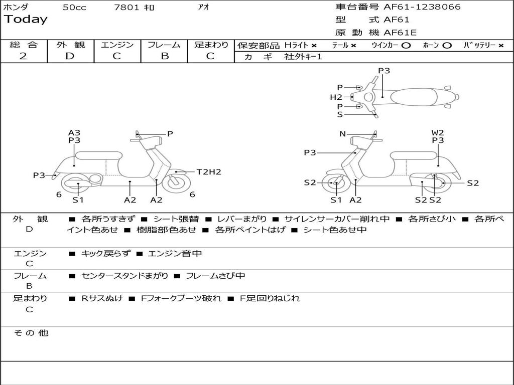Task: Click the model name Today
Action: (26, 20)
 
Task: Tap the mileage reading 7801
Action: (127, 8)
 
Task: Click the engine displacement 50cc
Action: (74, 8)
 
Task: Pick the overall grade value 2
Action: (23, 56)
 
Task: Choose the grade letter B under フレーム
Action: (164, 56)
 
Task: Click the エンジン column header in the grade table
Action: (117, 45)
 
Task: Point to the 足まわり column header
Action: (211, 45)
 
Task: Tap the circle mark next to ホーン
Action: (447, 45)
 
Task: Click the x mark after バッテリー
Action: (500, 45)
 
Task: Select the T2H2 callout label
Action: (208, 172)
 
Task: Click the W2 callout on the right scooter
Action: (438, 133)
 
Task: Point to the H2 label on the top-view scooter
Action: (336, 97)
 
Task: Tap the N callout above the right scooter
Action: (342, 134)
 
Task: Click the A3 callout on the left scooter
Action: (74, 133)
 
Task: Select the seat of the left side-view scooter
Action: (98, 155)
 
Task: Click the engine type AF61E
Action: (400, 33)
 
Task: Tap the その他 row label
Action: (31, 333)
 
